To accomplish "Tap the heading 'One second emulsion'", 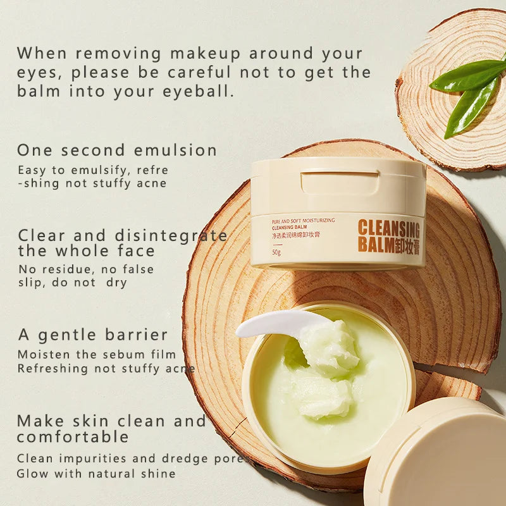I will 117,151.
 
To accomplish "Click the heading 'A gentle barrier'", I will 92,335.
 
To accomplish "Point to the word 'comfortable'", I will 73,436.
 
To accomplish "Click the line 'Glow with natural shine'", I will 96,473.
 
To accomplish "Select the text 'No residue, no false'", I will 85,269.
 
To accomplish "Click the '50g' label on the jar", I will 276,252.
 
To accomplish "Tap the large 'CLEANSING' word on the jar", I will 388,229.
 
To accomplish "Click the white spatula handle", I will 272,324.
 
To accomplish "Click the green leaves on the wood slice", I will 468,92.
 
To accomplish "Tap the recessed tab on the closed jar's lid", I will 339,182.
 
